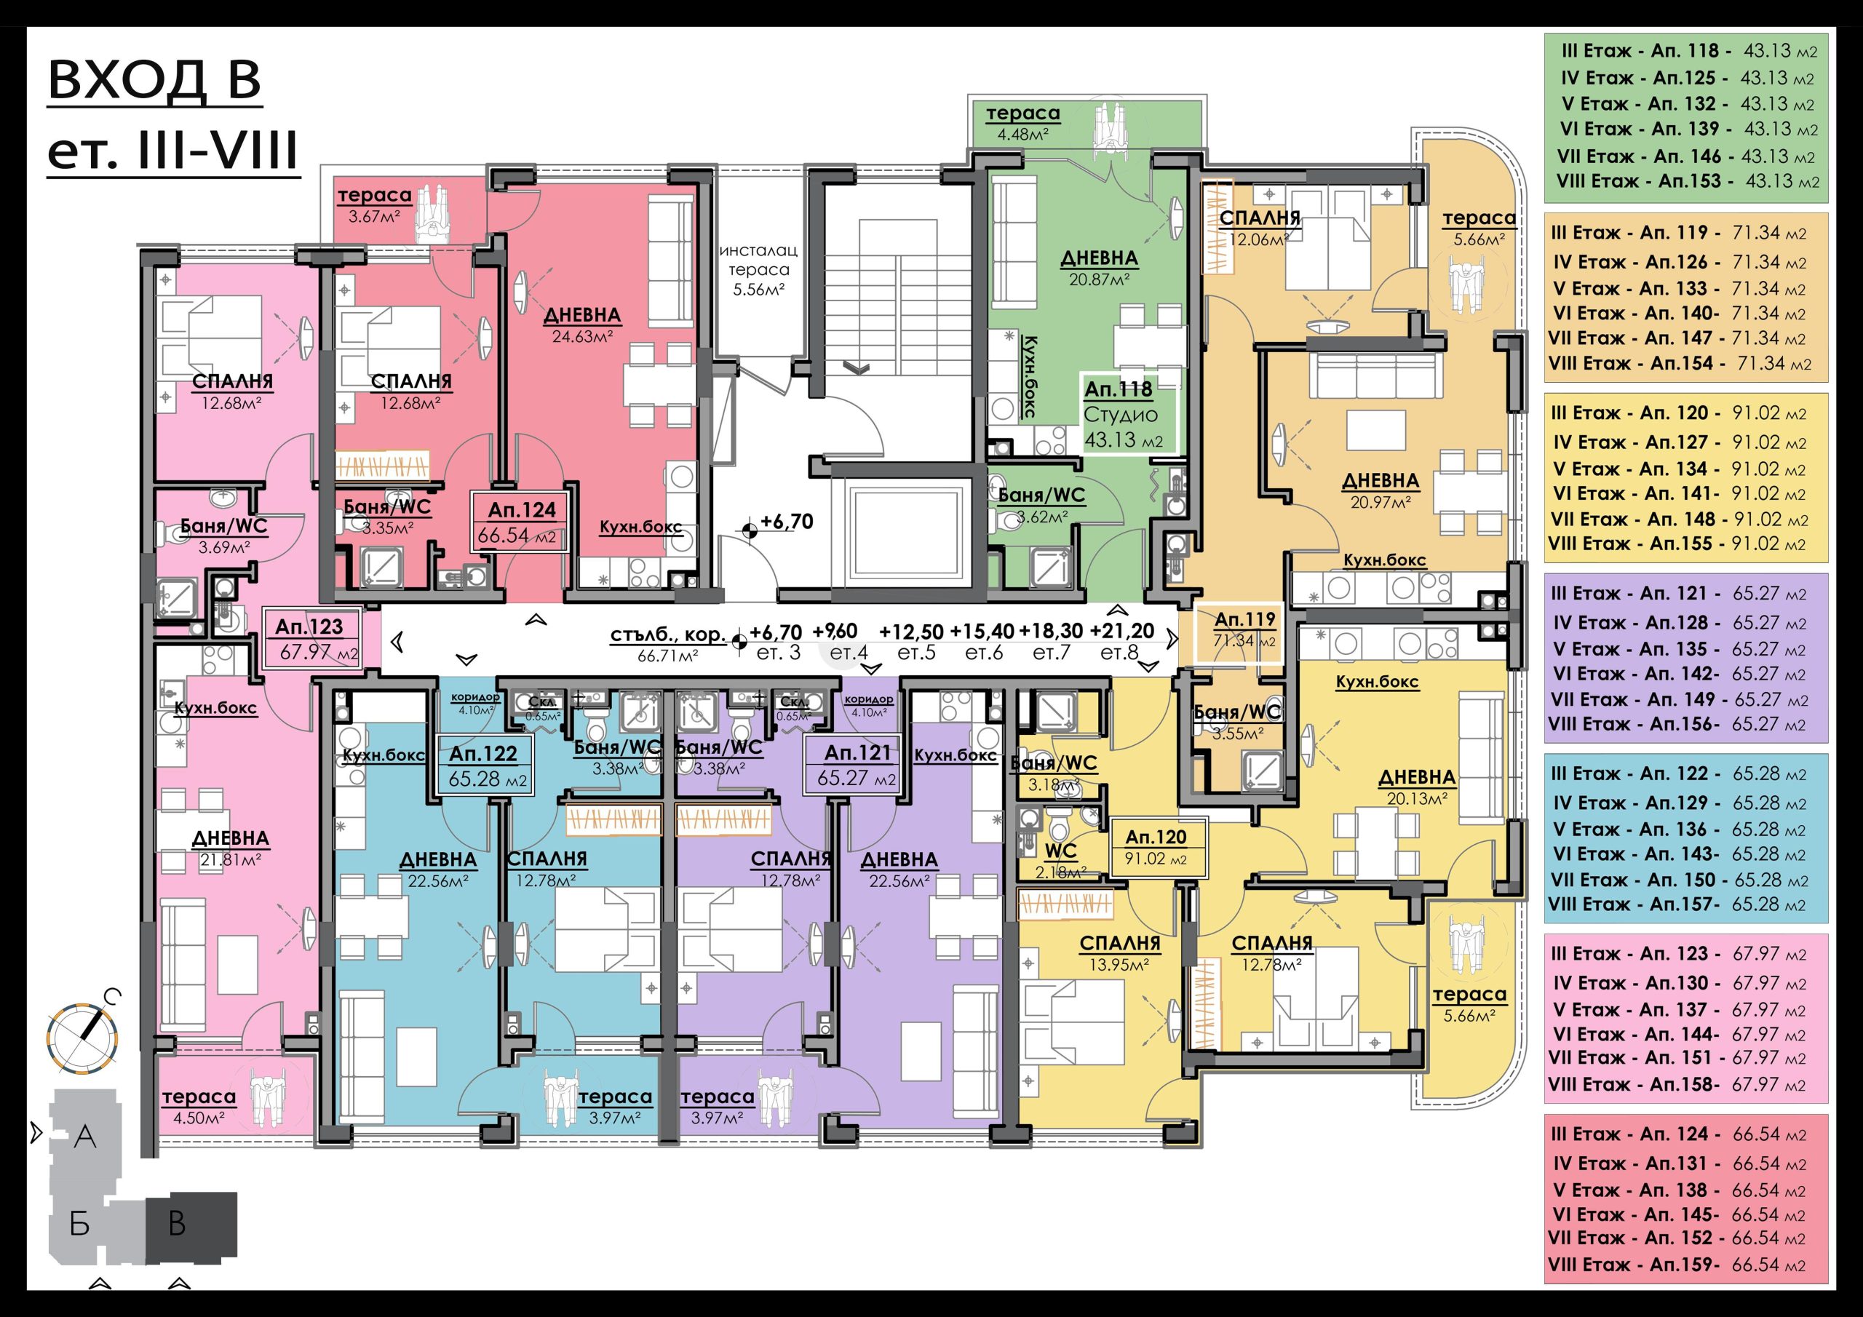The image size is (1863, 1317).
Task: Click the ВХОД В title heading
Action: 155,82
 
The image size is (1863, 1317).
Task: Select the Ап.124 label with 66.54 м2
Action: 522,522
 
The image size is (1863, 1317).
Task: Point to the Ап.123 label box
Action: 311,639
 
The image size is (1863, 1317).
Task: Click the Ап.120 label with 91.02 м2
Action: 1156,846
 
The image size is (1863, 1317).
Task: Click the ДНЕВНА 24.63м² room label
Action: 581,325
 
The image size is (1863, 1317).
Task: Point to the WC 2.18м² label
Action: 1060,860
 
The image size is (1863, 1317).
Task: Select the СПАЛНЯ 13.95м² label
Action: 1120,953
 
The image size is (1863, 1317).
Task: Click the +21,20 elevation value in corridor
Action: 1121,631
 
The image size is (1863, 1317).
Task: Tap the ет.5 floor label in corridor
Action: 916,653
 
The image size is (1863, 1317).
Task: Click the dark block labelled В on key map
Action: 191,1227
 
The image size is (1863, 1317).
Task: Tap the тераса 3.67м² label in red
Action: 375,205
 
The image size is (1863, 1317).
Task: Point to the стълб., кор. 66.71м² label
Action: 668,644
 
